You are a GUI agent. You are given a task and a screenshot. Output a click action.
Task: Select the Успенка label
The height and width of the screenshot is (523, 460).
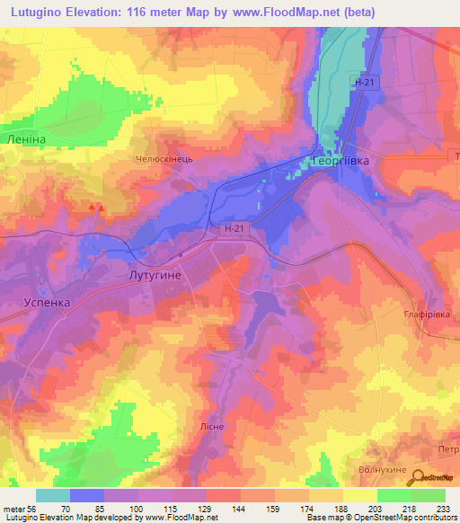pos(46,304)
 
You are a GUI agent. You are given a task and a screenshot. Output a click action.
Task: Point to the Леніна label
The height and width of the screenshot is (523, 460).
pos(24,141)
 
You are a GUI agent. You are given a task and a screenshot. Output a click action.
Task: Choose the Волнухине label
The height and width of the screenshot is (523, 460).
pos(402,469)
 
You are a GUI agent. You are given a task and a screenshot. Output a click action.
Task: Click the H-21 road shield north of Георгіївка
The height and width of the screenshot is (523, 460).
pos(362,82)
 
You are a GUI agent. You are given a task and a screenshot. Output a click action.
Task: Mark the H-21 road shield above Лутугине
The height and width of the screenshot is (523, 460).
pos(234,230)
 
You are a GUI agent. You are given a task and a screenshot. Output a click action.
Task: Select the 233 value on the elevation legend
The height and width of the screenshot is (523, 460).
pos(444,508)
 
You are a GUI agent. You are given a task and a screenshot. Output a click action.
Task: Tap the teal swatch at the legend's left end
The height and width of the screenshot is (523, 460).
pos(53,495)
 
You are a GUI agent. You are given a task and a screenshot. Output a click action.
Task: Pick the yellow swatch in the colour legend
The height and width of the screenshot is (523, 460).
pos(359,495)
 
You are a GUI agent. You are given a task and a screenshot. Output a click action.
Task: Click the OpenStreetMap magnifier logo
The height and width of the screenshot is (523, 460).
pos(416,479)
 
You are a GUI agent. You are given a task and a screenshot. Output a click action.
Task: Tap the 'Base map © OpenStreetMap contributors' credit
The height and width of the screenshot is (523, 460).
pos(380,518)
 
